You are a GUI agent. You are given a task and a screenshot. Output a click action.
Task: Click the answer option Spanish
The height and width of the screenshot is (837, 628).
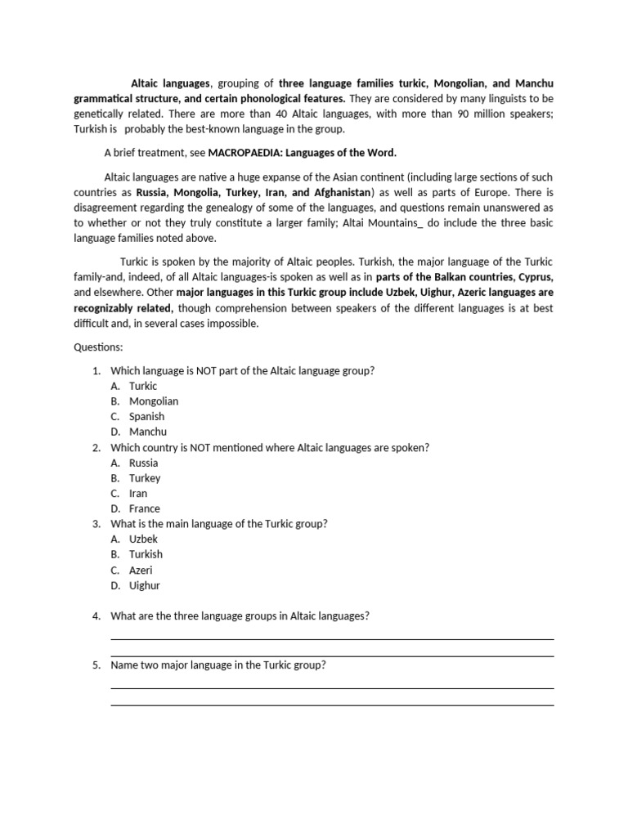146,416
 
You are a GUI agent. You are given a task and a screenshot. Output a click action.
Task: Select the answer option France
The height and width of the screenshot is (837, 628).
145,508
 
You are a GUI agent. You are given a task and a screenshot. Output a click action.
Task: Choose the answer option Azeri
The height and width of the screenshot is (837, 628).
141,570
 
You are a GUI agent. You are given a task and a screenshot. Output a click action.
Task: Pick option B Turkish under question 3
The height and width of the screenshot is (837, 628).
146,554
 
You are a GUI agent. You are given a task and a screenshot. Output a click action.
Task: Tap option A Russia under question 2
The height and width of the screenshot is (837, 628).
144,463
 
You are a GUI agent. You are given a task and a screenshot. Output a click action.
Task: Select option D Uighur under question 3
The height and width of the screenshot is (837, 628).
145,585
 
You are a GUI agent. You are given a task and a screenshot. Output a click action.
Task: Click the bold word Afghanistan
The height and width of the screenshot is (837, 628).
336,192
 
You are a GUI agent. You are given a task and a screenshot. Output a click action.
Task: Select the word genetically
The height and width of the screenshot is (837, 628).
102,114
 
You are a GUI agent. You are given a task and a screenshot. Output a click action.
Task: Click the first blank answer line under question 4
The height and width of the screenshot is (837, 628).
332,638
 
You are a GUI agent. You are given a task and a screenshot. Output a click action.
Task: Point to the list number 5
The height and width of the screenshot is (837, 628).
96,665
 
